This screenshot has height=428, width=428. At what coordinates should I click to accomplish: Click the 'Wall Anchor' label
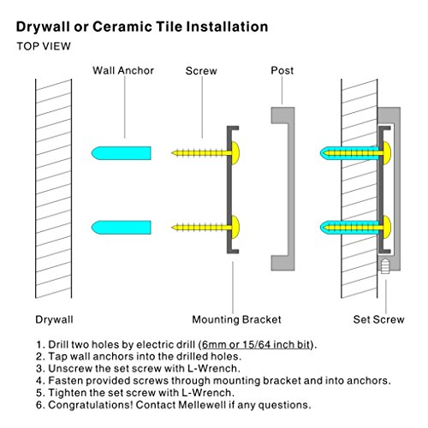pyautogui.click(x=123, y=70)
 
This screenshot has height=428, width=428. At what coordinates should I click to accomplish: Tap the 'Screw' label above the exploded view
pyautogui.click(x=201, y=71)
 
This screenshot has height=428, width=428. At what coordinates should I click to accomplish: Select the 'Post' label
pyautogui.click(x=282, y=70)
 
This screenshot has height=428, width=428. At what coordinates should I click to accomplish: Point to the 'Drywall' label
pyautogui.click(x=54, y=319)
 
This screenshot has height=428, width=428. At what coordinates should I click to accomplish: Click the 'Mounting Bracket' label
pyautogui.click(x=236, y=319)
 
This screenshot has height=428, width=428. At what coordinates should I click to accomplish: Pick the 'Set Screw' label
pyautogui.click(x=378, y=319)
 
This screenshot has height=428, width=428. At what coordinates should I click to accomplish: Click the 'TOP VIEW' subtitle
pyautogui.click(x=44, y=46)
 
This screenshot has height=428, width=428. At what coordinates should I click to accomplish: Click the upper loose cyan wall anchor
pyautogui.click(x=121, y=153)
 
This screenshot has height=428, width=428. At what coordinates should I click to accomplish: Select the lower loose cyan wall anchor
pyautogui.click(x=121, y=228)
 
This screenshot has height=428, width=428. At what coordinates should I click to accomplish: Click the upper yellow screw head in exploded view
pyautogui.click(x=235, y=153)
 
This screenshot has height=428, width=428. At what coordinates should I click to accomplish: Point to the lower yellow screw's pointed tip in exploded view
pyautogui.click(x=172, y=228)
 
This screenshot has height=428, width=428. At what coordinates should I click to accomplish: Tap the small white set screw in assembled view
pyautogui.click(x=385, y=266)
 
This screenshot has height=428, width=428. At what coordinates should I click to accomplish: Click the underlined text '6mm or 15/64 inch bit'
pyautogui.click(x=256, y=345)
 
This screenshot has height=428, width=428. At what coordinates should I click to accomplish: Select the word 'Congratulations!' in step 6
pyautogui.click(x=91, y=405)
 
